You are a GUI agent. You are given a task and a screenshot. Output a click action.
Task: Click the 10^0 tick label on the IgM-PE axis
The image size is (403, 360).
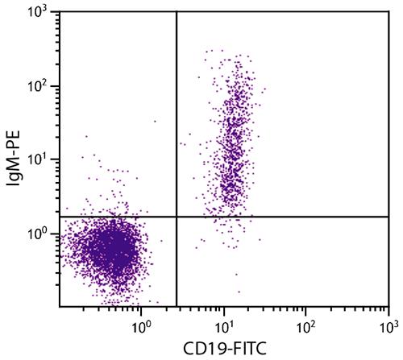coord(37,234)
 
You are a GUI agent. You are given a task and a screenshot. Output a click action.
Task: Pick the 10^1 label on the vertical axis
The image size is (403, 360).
coord(37,159)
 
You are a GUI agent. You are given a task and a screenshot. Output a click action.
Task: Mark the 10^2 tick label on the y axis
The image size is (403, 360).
coord(37,86)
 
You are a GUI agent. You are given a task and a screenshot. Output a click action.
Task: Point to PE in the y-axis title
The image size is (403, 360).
coord(14,141)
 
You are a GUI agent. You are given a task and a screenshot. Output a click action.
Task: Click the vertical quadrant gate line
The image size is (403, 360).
coord(177,159)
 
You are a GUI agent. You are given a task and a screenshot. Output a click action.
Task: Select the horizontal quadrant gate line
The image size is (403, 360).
coord(224,217)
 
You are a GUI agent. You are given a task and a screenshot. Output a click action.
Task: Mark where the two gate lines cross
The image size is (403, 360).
coord(177,217)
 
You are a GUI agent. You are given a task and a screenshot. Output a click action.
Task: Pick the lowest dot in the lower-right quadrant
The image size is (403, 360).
coord(239,292)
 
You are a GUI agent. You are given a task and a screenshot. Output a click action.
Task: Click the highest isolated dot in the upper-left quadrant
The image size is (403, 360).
coord(155,122)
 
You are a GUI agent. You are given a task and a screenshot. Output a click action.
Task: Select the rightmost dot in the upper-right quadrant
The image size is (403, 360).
coord(265,89)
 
